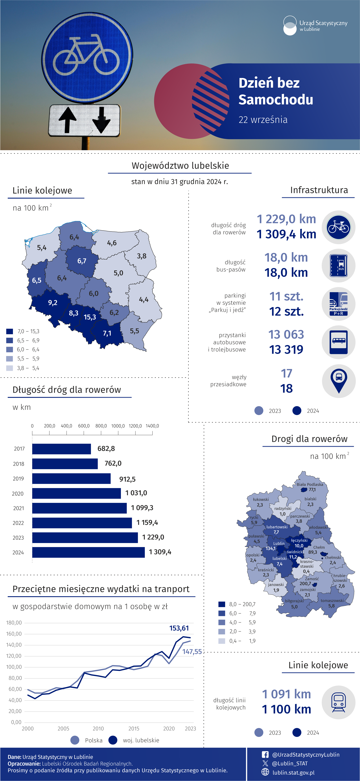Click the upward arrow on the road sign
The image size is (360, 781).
(x=67, y=120)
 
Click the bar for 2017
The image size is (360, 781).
(x=62, y=449)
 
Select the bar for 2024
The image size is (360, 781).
(x=89, y=552)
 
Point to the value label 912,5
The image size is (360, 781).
(x=127, y=479)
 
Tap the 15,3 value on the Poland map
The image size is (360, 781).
(x=90, y=317)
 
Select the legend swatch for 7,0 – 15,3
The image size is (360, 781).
(x=9, y=331)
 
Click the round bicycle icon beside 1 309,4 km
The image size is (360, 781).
(x=338, y=227)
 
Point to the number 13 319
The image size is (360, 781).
(x=286, y=350)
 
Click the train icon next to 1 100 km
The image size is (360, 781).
(x=338, y=702)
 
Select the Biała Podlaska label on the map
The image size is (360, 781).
(x=310, y=484)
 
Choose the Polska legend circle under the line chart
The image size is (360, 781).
(x=75, y=740)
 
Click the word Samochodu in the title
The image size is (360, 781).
(x=276, y=100)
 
